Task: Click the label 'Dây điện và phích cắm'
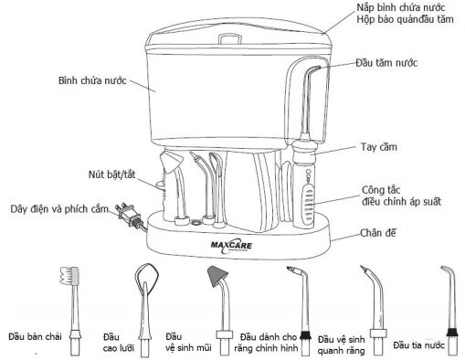[x=55, y=207]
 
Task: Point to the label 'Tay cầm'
[x=384, y=146]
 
